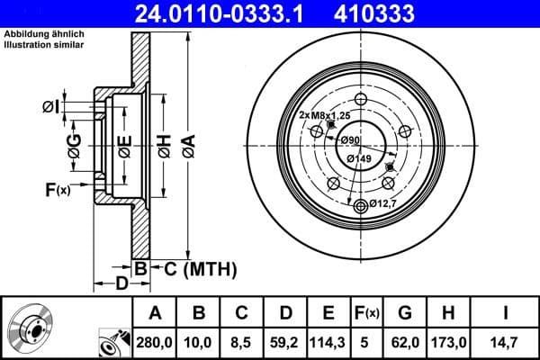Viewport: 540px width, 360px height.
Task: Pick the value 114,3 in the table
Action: click(x=328, y=343)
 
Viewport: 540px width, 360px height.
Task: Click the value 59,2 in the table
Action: click(x=285, y=343)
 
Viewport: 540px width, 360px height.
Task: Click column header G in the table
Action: click(x=405, y=314)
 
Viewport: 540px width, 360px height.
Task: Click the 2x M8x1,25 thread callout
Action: click(x=325, y=115)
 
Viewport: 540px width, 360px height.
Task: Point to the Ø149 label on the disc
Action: click(x=359, y=158)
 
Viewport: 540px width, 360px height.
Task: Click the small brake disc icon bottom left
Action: click(x=30, y=330)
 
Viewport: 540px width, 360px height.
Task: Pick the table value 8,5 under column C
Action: click(x=241, y=343)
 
